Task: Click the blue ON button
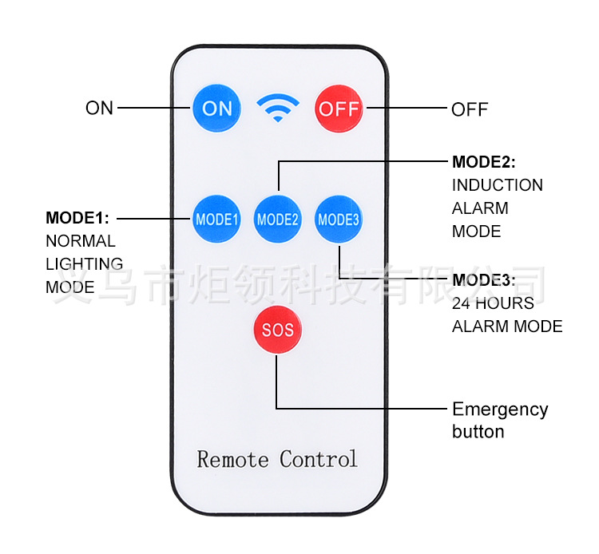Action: pyautogui.click(x=216, y=108)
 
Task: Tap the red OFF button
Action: pyautogui.click(x=339, y=108)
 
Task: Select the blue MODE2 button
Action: pyautogui.click(x=278, y=218)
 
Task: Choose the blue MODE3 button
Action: pyautogui.click(x=339, y=218)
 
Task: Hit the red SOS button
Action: pyautogui.click(x=277, y=330)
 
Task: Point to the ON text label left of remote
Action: pyautogui.click(x=100, y=108)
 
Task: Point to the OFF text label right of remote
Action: pyautogui.click(x=470, y=109)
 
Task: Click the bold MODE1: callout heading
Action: pyautogui.click(x=77, y=218)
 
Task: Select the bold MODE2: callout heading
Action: pyautogui.click(x=484, y=162)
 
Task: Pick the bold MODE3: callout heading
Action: pyautogui.click(x=484, y=280)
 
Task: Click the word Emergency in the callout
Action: pyautogui.click(x=500, y=410)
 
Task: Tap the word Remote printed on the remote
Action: pyautogui.click(x=232, y=459)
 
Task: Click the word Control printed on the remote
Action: pyautogui.click(x=318, y=459)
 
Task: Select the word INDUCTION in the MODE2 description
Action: pyautogui.click(x=498, y=185)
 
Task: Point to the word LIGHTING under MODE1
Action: pyautogui.click(x=84, y=263)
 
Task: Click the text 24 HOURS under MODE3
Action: pyautogui.click(x=493, y=303)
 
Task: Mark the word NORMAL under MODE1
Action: pyautogui.click(x=81, y=241)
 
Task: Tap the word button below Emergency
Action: pyautogui.click(x=478, y=432)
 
